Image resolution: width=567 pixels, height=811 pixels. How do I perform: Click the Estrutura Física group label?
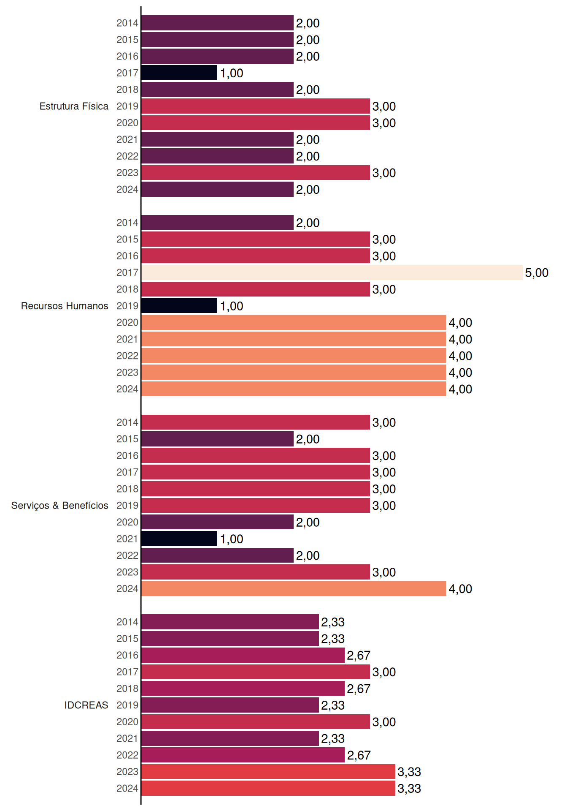(74, 106)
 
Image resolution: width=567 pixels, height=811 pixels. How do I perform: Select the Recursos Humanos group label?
(65, 306)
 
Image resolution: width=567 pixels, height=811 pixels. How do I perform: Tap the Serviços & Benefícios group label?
(59, 506)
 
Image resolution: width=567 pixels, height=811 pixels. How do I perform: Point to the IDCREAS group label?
(86, 705)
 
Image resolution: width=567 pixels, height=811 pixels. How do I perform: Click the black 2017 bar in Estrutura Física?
(179, 73)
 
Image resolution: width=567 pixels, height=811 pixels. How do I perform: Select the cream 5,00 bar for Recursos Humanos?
(332, 272)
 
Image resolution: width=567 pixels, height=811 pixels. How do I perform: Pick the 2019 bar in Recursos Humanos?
(179, 306)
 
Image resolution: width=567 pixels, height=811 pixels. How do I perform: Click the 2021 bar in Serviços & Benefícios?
(179, 539)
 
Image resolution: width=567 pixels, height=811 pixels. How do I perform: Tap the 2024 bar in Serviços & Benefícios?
(294, 588)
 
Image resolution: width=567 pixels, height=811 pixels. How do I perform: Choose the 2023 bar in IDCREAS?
(268, 772)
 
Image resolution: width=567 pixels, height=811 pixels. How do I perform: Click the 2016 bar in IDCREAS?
(243, 655)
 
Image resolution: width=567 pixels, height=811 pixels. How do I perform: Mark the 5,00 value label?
(537, 273)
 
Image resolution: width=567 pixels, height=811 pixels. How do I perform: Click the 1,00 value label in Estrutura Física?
(232, 73)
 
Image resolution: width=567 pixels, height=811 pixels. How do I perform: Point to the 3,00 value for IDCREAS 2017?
(384, 672)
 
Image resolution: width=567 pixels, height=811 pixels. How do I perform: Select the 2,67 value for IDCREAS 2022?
(359, 755)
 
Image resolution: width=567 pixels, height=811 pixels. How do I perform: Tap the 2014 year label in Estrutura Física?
(127, 23)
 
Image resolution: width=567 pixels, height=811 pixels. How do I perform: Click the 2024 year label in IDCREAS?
(127, 788)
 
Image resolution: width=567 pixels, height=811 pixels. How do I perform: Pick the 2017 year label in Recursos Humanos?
(127, 272)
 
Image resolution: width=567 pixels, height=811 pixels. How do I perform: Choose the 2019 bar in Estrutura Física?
(256, 106)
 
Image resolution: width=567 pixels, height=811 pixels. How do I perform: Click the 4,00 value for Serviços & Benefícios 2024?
(460, 589)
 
